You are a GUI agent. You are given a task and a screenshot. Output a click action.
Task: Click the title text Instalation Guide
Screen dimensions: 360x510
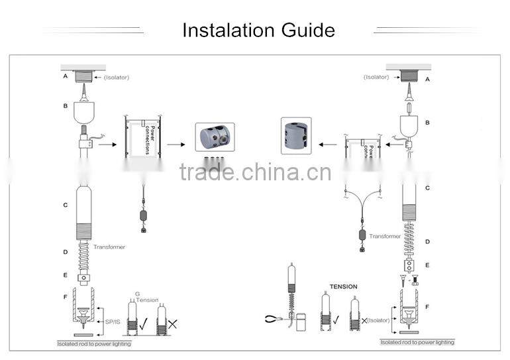[x=258, y=30]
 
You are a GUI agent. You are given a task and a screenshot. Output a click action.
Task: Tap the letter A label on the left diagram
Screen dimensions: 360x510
[x=65, y=76]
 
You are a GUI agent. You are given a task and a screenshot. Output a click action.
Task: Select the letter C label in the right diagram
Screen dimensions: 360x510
[x=427, y=188]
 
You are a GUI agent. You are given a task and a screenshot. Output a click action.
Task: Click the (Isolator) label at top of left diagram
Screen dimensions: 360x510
[x=117, y=78]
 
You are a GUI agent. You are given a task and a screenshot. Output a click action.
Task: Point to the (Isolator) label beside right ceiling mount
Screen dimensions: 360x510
[x=376, y=78]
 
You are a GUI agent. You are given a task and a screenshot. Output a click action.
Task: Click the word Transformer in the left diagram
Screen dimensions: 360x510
[x=109, y=247]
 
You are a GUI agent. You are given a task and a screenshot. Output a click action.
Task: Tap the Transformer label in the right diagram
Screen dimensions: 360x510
[x=385, y=236]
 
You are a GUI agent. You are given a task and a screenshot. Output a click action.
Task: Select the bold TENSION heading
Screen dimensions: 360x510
[x=343, y=286]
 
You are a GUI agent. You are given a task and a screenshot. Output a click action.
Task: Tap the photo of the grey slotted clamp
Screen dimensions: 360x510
[x=296, y=136]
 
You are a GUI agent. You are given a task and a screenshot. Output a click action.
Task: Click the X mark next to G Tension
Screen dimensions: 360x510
[x=173, y=324]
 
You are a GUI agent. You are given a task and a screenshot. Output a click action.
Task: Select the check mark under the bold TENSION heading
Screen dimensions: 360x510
[x=336, y=320]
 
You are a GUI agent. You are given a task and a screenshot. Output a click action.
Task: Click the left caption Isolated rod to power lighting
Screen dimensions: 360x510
[x=93, y=344]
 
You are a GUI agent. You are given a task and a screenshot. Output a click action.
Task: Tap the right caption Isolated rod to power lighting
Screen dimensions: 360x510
[x=417, y=342]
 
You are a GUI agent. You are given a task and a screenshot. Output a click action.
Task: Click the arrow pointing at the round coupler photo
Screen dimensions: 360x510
[x=176, y=143]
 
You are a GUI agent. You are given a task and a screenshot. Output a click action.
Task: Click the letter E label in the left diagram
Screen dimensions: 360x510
[x=65, y=274]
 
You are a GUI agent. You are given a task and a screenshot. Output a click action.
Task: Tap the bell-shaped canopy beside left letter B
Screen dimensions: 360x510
[x=84, y=112]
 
